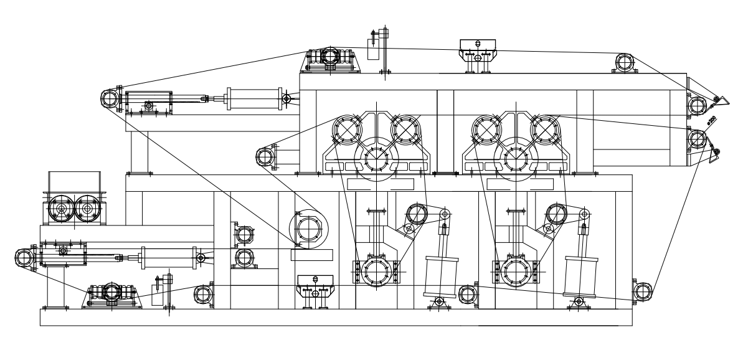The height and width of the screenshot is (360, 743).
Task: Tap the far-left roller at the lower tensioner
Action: coord(24,257)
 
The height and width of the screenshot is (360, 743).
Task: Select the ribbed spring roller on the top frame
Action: coord(331,57)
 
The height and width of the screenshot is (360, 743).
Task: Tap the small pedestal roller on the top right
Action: coord(624,62)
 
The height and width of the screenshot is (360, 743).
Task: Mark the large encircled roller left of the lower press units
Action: coord(308,230)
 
